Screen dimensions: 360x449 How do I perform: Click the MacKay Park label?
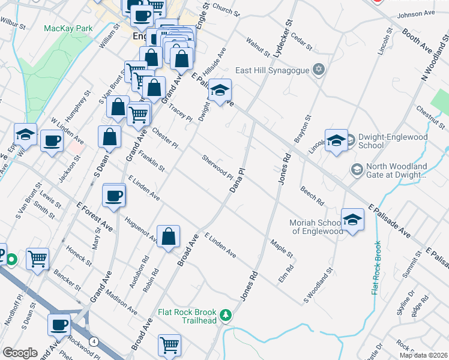[x=68, y=28]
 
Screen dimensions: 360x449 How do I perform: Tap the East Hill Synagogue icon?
[x=319, y=70]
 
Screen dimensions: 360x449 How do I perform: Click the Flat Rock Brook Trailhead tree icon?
[x=226, y=314]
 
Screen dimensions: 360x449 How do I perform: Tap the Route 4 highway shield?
[x=94, y=341]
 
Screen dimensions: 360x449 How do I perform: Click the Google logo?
[x=20, y=353]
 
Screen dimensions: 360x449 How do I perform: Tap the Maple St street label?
[x=282, y=249]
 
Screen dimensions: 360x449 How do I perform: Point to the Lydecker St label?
[x=282, y=40]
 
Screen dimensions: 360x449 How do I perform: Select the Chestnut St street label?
[x=429, y=118]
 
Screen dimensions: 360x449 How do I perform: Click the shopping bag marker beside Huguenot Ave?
[x=169, y=236]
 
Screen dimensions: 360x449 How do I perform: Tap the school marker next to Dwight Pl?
[x=220, y=92]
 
